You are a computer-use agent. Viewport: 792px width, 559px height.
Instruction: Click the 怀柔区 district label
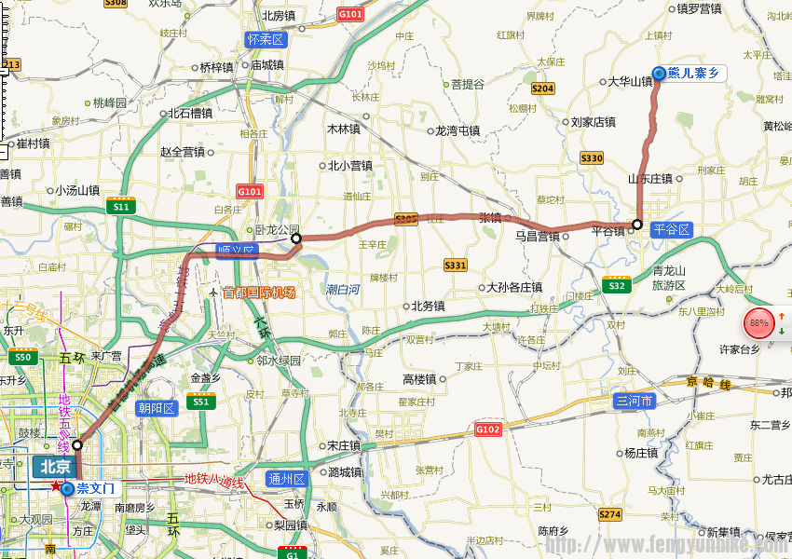tap(266, 39)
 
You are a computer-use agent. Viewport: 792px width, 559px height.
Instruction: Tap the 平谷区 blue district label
tap(671, 229)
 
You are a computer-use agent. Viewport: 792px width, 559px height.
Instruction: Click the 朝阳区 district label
tap(157, 408)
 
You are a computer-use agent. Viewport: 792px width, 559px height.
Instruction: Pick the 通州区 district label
tap(286, 479)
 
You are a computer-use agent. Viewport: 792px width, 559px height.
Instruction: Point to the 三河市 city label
tap(635, 402)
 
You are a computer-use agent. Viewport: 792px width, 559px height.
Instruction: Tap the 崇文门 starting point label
tap(94, 488)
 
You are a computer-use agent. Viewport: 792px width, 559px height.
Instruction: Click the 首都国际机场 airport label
tap(258, 292)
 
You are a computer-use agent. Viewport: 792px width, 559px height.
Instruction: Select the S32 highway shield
tap(615, 285)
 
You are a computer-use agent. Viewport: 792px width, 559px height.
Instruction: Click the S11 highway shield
tap(120, 207)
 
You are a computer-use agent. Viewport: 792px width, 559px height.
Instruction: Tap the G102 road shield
tap(487, 429)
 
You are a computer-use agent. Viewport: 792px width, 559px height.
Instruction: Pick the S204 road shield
tap(542, 89)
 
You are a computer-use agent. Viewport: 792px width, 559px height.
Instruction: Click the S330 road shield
tap(592, 158)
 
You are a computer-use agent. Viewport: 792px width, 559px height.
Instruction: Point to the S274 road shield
tap(609, 514)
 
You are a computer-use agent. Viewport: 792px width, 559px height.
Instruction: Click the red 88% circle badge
tap(759, 323)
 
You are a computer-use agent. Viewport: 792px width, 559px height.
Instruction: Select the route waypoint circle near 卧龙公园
tap(296, 239)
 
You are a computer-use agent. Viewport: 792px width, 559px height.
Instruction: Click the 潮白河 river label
tap(343, 290)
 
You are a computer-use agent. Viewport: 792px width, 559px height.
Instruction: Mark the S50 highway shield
tap(21, 358)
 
